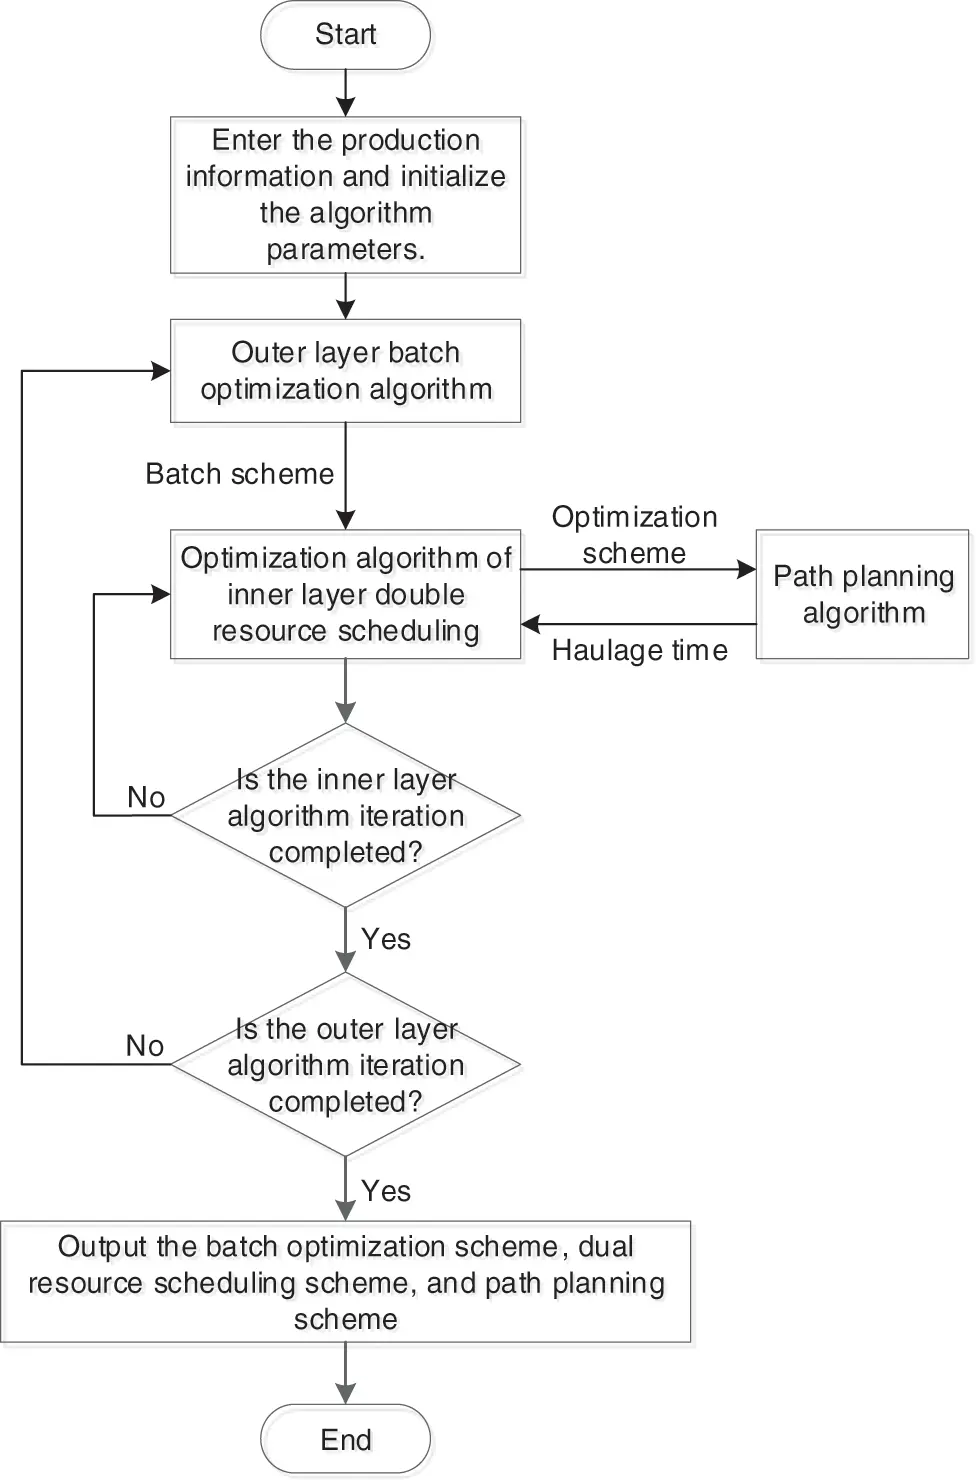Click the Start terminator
(345, 35)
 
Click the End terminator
(345, 1439)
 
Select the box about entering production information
(345, 195)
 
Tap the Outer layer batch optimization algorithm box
(345, 371)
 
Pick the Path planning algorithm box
(862, 595)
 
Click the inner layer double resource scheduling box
(345, 594)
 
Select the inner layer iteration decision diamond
(345, 815)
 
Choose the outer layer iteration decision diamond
(345, 1065)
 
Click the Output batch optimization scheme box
(345, 1282)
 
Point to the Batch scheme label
(239, 474)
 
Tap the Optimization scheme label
(634, 535)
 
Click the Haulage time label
(639, 651)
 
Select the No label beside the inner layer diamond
(146, 797)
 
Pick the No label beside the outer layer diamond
(145, 1046)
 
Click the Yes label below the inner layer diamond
(386, 939)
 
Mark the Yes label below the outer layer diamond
(386, 1191)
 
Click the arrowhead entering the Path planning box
(746, 569)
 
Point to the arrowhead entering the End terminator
(345, 1394)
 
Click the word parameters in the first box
(345, 249)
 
